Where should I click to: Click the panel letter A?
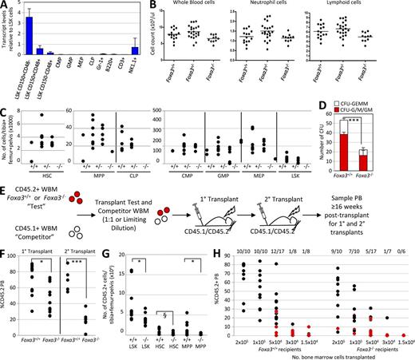pyautogui.click(x=6, y=6)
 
